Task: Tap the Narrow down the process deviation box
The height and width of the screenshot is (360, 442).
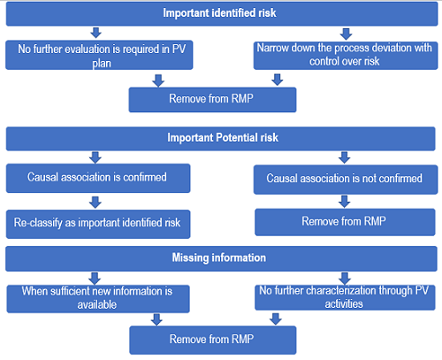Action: click(344, 57)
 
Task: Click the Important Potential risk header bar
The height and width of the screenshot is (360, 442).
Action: click(220, 138)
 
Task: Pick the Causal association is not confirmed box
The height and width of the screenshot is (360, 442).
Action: click(344, 179)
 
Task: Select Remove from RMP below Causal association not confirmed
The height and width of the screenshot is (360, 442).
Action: click(344, 222)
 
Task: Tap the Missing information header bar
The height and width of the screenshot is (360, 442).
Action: click(220, 257)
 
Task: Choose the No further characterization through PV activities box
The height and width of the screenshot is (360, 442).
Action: click(344, 296)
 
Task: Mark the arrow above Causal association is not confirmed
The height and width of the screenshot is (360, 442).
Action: click(344, 157)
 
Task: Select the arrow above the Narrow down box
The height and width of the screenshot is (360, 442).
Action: click(344, 34)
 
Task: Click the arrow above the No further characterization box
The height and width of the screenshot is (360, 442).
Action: click(344, 277)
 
